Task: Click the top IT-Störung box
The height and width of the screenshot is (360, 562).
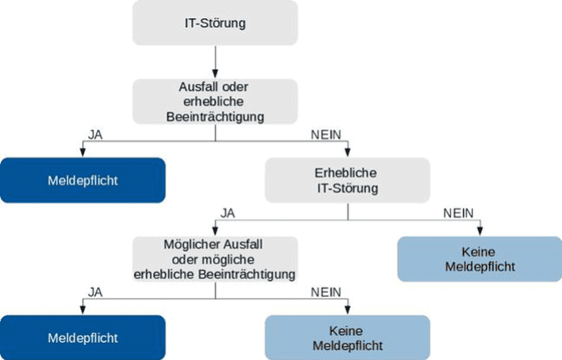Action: coord(214,22)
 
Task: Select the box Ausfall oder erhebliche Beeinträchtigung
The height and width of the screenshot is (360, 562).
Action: coord(214,101)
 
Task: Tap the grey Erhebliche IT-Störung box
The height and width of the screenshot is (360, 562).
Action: coord(348,181)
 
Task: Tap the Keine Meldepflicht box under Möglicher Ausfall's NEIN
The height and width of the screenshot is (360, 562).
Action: coord(348,338)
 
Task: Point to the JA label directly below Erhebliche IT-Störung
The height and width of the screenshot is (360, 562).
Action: coord(228,213)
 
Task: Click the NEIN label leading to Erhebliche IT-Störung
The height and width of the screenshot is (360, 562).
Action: coord(325,134)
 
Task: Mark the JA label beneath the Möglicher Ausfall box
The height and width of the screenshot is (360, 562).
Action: coord(96,292)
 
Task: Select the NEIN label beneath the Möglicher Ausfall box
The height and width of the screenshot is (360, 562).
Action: coord(325,292)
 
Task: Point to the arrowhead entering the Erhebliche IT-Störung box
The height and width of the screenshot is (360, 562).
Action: coord(348,153)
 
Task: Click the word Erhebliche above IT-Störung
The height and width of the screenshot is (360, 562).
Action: coord(348,173)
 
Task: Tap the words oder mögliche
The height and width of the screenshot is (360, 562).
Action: coord(214,260)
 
